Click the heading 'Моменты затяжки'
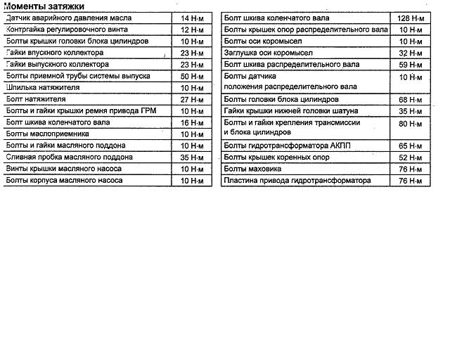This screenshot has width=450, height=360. click(x=44, y=6)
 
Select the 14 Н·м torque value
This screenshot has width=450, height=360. click(x=191, y=18)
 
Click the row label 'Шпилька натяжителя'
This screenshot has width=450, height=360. click(x=42, y=88)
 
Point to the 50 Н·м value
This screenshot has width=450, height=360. click(x=191, y=76)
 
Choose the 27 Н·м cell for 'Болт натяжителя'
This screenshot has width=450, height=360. click(x=191, y=99)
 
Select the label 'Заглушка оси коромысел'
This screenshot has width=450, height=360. click(x=266, y=53)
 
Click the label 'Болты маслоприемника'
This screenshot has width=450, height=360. click(x=47, y=134)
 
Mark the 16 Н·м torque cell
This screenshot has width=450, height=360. click(x=191, y=122)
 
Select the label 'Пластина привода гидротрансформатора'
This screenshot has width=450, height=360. click(x=297, y=180)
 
